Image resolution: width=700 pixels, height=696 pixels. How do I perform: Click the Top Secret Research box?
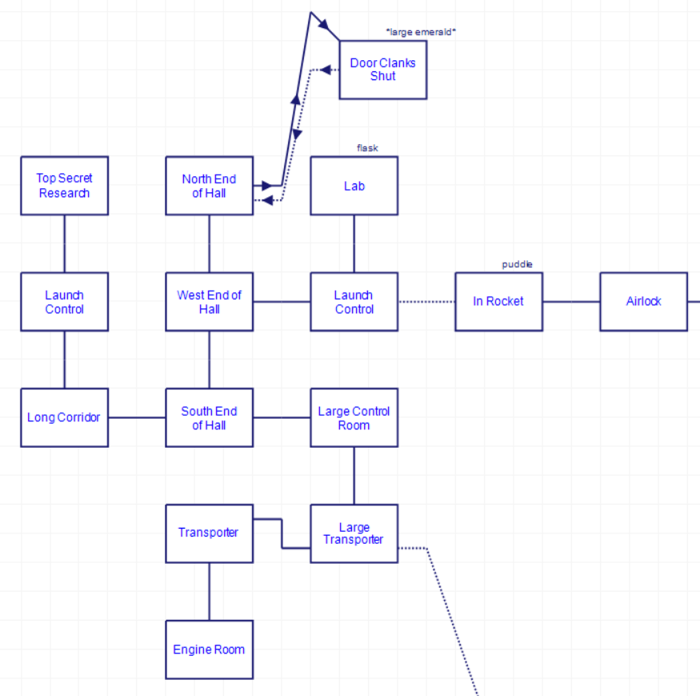coord(64,186)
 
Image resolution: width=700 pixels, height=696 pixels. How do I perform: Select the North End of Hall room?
coord(209,186)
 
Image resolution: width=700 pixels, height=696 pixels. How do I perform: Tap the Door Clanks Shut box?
coord(382,70)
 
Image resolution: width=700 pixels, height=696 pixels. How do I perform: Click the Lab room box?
coord(354,186)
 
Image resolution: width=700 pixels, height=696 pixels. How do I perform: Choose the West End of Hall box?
coord(209,302)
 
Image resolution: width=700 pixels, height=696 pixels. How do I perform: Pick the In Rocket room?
coord(498,302)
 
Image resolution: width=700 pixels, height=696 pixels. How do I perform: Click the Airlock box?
coord(643,302)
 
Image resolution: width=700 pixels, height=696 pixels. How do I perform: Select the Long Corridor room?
coord(64,417)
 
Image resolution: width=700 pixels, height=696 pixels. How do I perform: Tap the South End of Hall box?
coord(209,417)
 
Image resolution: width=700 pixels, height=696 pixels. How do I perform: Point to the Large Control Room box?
coord(354,417)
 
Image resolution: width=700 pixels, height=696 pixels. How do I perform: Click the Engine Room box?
coord(209,650)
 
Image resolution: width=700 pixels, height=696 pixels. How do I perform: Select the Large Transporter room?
coord(354,533)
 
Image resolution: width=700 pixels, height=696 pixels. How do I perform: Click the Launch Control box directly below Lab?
coord(354,302)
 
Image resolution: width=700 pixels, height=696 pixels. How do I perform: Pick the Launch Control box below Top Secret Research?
coord(64,302)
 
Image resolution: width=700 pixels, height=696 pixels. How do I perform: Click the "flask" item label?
coord(367,148)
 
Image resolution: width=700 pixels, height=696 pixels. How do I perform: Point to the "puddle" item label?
coord(517,264)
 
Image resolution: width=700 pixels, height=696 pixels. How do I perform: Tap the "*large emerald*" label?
coord(421,32)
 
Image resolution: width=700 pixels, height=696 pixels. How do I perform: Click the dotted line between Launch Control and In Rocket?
coord(426,302)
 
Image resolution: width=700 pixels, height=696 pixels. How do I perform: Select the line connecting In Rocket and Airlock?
coord(571,302)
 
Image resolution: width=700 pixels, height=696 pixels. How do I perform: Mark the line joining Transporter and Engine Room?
coord(210,591)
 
